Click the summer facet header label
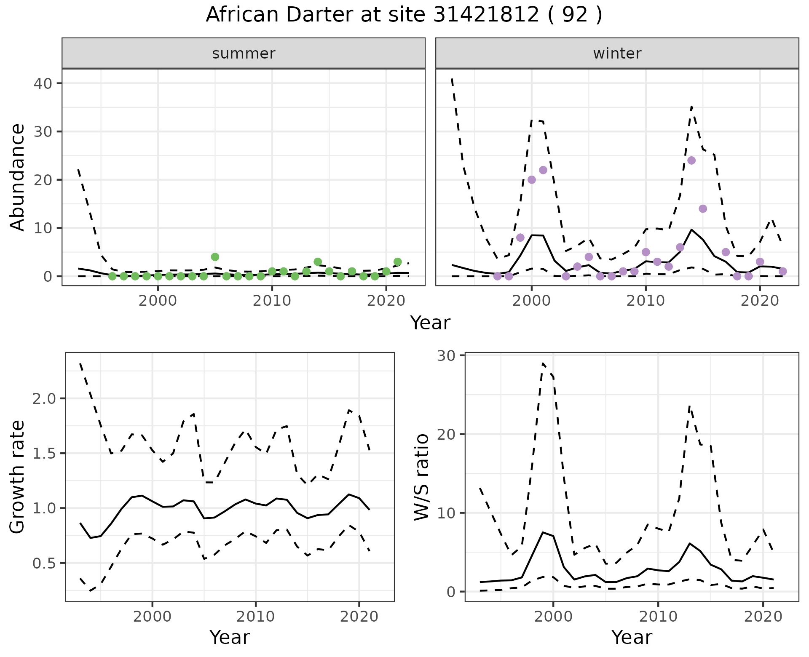pos(244,53)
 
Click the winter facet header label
pos(617,53)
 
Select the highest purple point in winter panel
pos(691,160)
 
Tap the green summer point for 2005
pos(215,257)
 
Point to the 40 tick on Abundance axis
pos(42,83)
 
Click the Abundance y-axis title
pos(18,177)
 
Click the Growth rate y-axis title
pos(18,477)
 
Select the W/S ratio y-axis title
pos(421,477)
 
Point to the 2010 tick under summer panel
pos(272,301)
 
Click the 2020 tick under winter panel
pos(760,301)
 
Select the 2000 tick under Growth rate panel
pos(152,617)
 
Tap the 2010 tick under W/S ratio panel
pos(658,617)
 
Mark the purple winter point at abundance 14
pos(703,209)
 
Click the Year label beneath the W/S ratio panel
pos(632,637)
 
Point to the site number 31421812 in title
pos(486,15)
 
